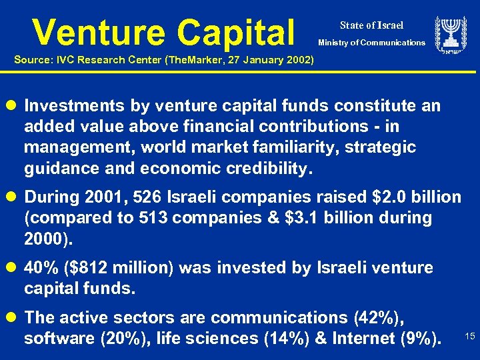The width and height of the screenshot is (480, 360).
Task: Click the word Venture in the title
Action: (99, 31)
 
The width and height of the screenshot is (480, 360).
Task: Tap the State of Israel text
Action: (371, 25)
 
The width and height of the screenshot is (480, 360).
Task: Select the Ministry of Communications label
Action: (371, 43)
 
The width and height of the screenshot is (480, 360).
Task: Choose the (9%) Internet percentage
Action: (419, 339)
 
